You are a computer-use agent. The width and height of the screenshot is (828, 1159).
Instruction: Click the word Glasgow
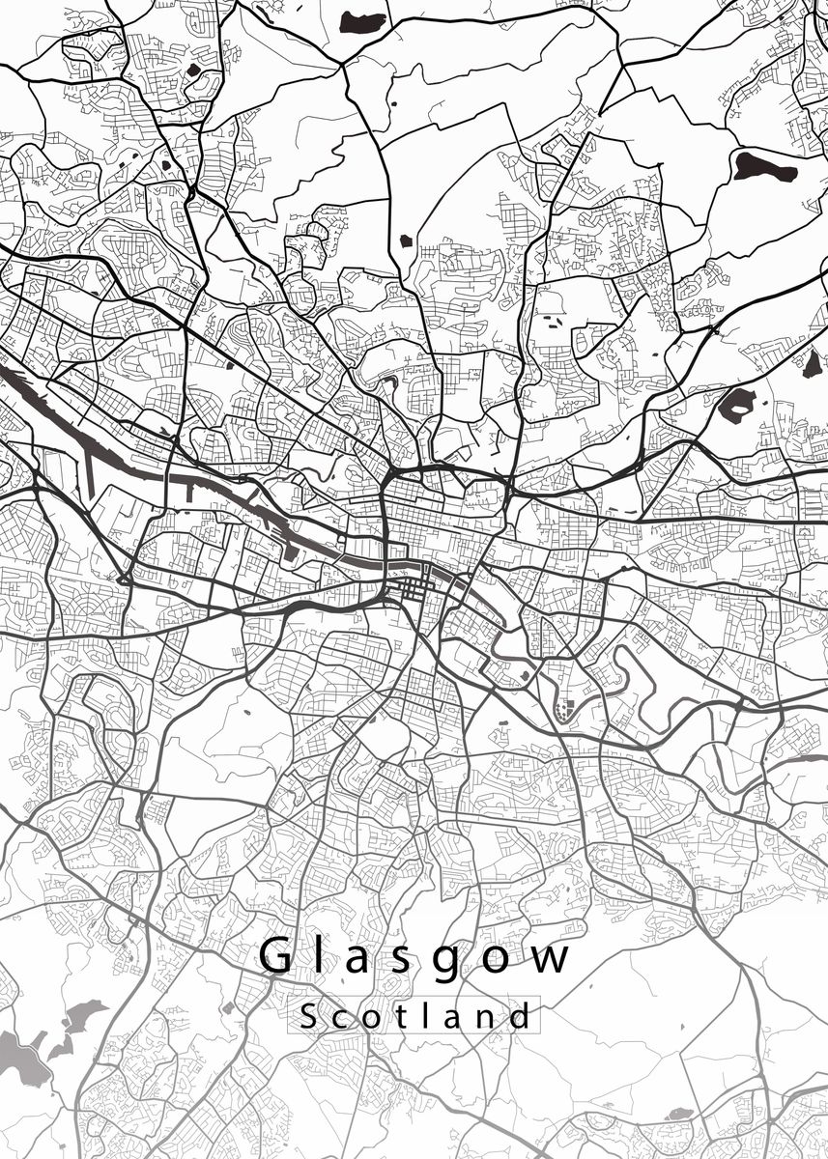[415, 957]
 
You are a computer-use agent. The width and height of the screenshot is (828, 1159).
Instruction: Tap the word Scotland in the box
[415, 1016]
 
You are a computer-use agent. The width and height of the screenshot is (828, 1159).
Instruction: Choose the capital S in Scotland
[308, 1016]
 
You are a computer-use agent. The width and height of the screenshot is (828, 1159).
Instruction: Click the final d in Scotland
[522, 1016]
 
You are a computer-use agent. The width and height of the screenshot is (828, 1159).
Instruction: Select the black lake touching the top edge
[360, 19]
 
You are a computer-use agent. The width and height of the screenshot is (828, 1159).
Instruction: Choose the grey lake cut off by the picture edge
[14, 1048]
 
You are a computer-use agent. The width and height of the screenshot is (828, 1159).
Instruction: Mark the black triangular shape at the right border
[810, 364]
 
